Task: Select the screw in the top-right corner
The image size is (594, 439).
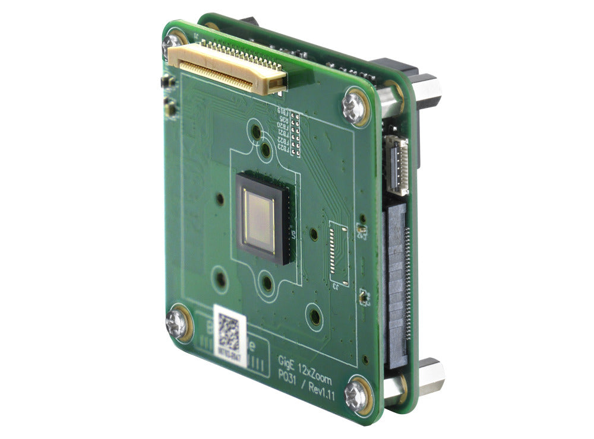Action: [355, 107]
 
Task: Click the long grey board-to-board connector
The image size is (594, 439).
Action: [397, 279]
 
